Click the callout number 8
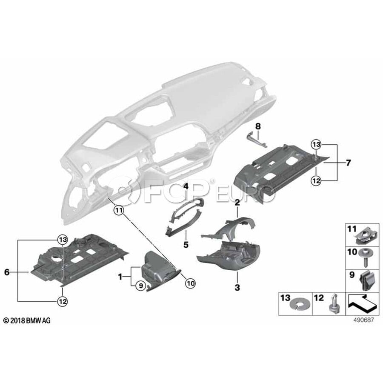point(258,126)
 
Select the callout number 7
point(348,163)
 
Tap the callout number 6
point(7,272)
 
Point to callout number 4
point(186,187)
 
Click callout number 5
point(186,244)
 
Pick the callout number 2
point(237,203)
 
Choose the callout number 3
point(237,288)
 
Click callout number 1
point(120,277)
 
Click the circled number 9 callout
point(141,286)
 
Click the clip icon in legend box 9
point(367,281)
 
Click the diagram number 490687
point(363,320)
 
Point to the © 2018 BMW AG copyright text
point(27,320)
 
